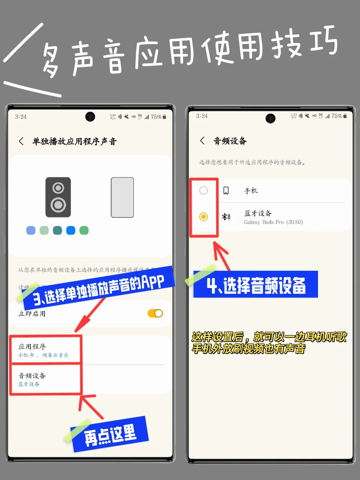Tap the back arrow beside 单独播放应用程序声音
21,141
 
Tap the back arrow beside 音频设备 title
202,141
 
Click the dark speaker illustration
58,197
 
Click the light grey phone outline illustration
122,197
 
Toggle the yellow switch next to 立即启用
155,313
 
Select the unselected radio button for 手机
203,190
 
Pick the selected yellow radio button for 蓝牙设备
203,217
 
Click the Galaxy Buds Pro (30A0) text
273,222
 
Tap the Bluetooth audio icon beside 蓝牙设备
226,217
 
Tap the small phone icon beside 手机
226,190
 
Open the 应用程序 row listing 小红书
45,350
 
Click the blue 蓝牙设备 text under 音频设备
29,384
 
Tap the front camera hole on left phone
90,117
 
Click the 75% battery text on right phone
337,116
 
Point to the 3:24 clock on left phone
21,117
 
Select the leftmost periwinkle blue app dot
31,230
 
